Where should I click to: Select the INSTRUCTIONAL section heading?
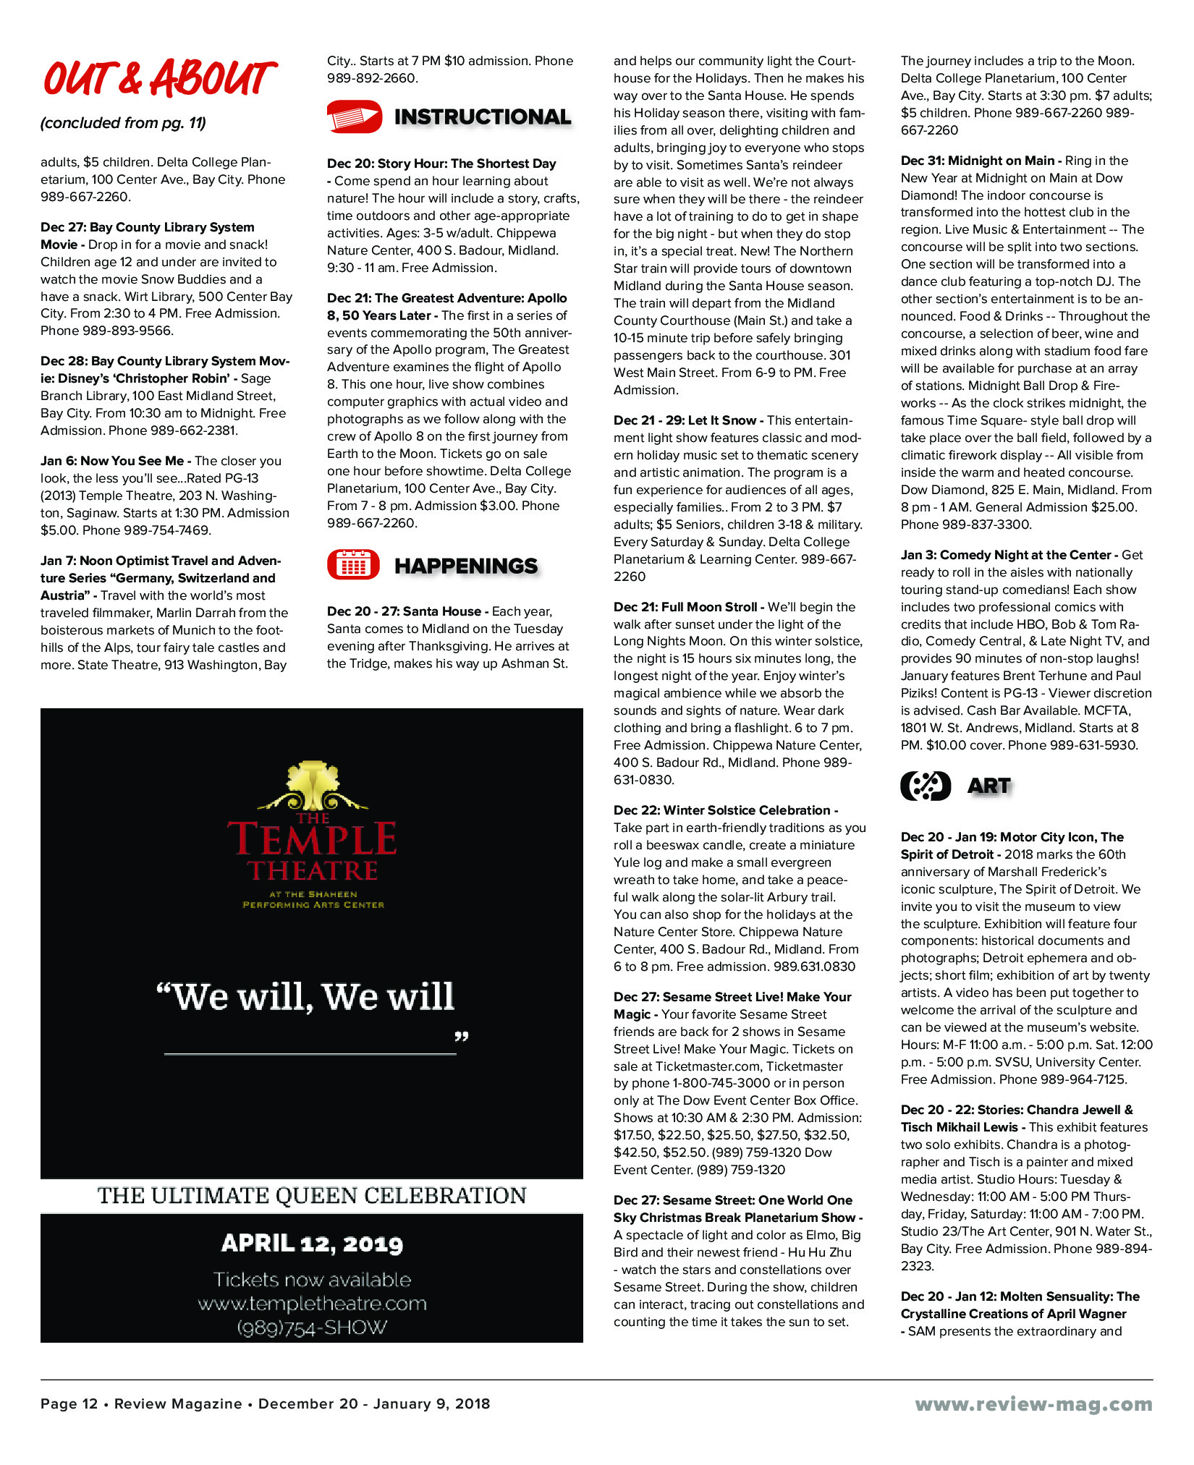[x=482, y=116]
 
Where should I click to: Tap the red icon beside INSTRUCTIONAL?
[x=354, y=116]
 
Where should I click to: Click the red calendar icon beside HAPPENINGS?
[x=353, y=565]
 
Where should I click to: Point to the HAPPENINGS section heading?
[x=466, y=566]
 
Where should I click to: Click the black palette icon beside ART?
[x=925, y=786]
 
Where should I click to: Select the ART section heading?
[x=988, y=786]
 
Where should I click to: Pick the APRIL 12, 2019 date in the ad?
[x=312, y=1243]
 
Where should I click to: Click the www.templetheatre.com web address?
[x=312, y=1304]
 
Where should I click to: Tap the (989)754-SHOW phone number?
[x=312, y=1328]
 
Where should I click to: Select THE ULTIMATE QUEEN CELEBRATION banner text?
[x=312, y=1195]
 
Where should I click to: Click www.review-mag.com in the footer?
[x=1033, y=1404]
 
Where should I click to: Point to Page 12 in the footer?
[x=69, y=1404]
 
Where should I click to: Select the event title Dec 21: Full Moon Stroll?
[x=685, y=607]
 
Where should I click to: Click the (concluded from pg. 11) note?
[x=123, y=123]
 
